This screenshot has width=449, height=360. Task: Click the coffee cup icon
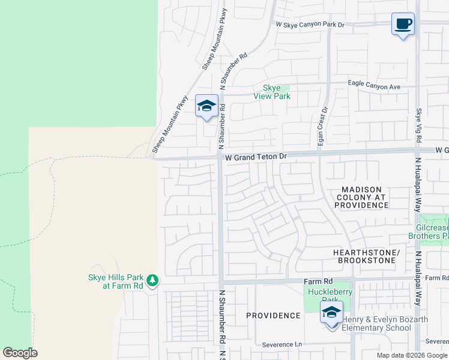403,25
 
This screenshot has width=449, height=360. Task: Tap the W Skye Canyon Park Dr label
310,25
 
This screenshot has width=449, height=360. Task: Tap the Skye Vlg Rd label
418,125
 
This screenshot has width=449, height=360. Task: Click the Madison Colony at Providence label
361,197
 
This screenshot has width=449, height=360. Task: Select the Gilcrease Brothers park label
432,232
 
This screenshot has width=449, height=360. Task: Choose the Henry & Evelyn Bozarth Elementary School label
384,323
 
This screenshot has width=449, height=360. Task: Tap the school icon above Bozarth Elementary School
331,313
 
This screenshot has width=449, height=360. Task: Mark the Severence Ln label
282,345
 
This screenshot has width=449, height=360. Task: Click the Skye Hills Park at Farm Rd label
116,281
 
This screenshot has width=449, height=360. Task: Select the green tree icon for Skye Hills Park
152,280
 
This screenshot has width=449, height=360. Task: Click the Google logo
20,353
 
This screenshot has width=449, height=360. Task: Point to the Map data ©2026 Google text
412,355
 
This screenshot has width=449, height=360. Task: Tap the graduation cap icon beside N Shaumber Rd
206,106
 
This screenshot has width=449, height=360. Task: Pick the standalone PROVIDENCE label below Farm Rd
273,316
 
